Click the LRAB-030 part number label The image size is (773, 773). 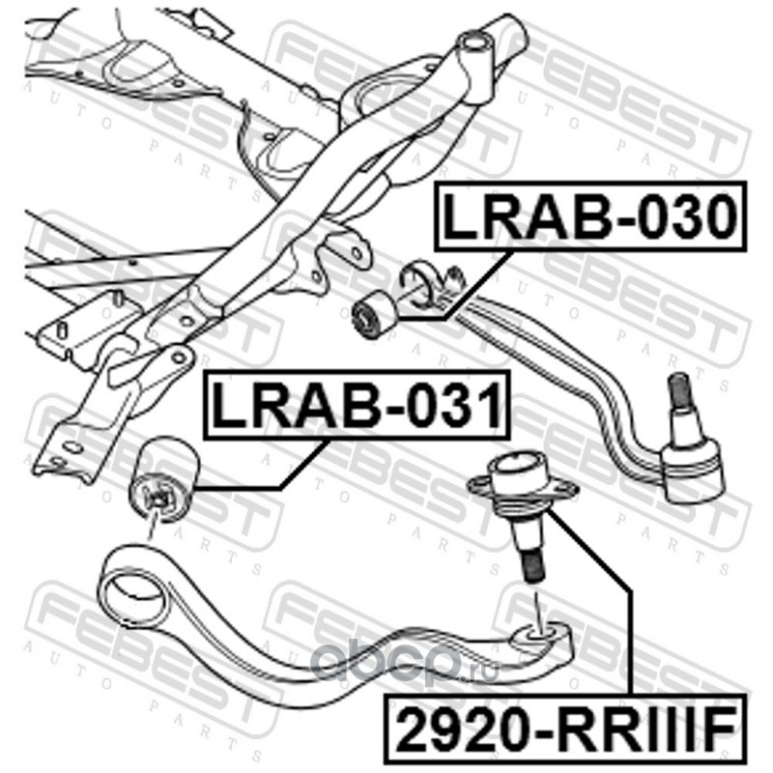tap(588, 218)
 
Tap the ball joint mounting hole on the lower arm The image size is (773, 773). tap(539, 633)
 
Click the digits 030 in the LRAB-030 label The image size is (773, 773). tap(682, 218)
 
